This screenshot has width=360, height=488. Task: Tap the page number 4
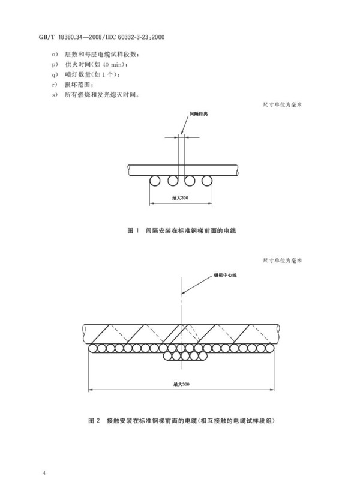coord(44,473)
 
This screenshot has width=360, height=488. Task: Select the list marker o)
coord(55,55)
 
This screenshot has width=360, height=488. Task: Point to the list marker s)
coord(55,95)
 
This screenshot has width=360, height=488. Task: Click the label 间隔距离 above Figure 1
coord(199,114)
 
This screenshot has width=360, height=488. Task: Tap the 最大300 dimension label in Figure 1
coord(180,198)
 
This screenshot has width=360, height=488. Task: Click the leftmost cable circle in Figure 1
coord(155,181)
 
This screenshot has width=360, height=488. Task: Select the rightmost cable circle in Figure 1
coord(206,181)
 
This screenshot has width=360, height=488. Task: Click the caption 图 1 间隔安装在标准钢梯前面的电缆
coord(182,230)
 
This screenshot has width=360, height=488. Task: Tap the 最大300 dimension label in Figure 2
coord(181,384)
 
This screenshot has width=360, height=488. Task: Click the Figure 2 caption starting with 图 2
coord(182,421)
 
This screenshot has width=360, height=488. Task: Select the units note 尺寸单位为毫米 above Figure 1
coord(283,104)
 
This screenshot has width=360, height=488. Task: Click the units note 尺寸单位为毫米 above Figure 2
coord(283,260)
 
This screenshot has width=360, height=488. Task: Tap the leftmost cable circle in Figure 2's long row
coord(93,348)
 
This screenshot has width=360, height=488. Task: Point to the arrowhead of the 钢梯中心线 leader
coord(182,293)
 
